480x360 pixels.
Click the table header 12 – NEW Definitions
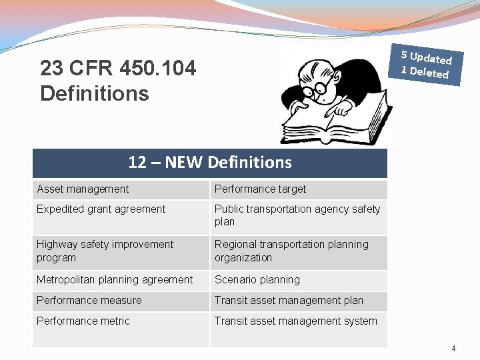(x=209, y=163)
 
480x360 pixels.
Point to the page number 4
(x=453, y=348)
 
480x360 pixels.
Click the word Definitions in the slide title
(x=94, y=94)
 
